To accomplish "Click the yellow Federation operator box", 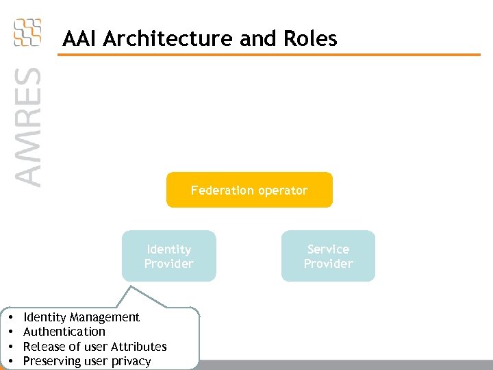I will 249,190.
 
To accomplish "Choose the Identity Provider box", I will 168,256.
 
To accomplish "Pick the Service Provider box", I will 328,256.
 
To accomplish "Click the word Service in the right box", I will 328,249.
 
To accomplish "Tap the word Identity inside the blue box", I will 168,249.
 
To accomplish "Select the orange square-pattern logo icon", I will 27,32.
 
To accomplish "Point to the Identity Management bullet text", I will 81,317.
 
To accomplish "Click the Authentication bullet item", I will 64,332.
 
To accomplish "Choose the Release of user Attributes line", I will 95,347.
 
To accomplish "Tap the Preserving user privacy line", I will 87,361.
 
